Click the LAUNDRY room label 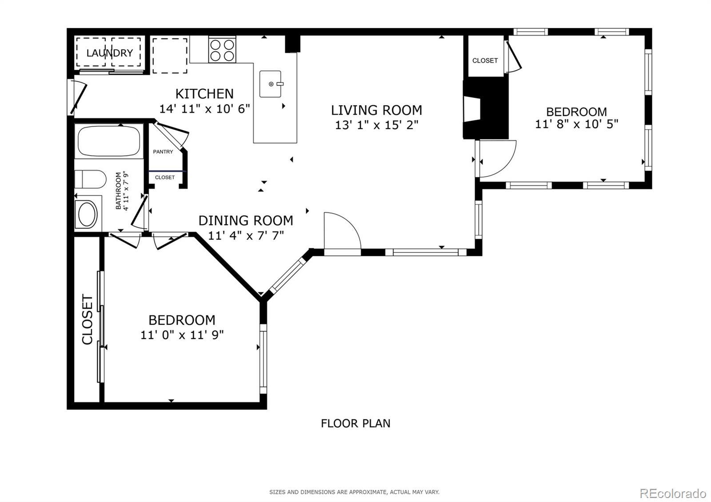coord(109,53)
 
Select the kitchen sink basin coord(271,84)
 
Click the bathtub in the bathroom coord(109,141)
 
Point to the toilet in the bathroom coord(90,179)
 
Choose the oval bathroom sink coord(87,213)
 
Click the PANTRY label coord(163,151)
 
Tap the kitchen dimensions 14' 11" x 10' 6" coord(204,109)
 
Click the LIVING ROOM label coord(376,110)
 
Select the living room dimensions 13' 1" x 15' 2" coord(377,125)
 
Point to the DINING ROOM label coord(246,220)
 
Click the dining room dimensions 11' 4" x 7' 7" coord(246,235)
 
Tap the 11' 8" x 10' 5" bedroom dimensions coord(576,124)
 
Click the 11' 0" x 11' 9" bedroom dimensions coord(182,335)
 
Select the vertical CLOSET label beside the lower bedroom coord(87,319)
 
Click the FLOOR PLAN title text coord(355,423)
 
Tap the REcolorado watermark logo coord(673,494)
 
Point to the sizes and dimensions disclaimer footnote coord(354,492)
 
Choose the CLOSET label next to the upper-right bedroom coord(485,60)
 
